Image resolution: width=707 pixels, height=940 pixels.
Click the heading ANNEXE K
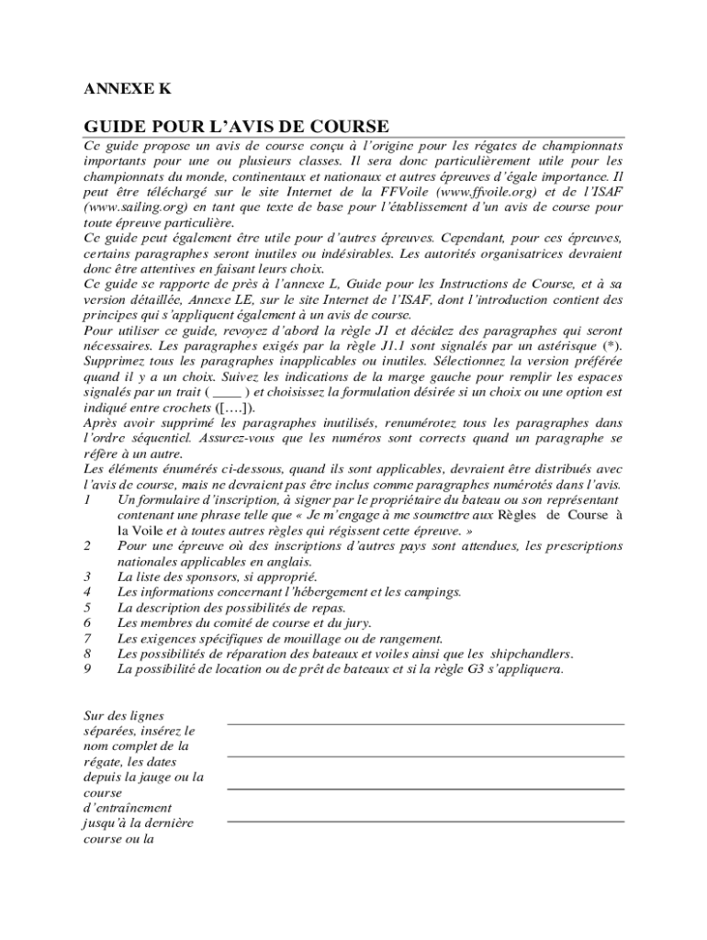tap(127, 89)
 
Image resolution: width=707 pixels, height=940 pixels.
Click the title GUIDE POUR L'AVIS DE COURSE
tap(236, 127)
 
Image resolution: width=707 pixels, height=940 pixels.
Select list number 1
tap(86, 499)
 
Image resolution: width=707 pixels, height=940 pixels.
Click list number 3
tap(86, 576)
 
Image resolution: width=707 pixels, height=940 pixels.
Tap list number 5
tap(86, 608)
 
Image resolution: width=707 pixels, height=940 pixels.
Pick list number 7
tap(86, 638)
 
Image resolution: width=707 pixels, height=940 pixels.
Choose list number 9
tap(86, 669)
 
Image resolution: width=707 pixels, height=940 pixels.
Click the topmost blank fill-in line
tap(425, 724)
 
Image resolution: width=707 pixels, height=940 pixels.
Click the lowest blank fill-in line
tap(425, 821)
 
